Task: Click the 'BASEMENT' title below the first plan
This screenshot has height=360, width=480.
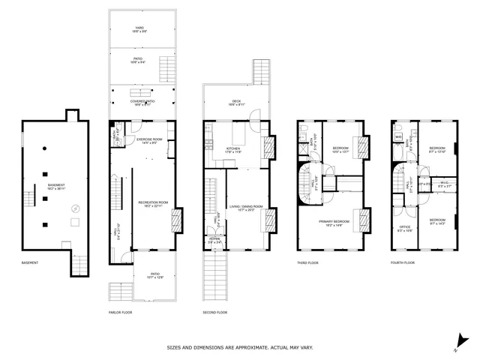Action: (31, 262)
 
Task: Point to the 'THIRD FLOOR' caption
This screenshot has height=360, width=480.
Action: (309, 262)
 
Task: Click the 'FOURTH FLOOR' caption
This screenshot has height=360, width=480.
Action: (403, 262)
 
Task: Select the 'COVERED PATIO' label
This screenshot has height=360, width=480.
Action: (142, 100)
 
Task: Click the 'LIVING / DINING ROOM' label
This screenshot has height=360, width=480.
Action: (247, 206)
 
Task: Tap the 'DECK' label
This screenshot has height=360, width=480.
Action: (235, 101)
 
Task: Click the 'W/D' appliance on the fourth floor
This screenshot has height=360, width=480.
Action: (397, 136)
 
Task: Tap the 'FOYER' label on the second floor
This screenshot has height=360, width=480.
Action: (214, 240)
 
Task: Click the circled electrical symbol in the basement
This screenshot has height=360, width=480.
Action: (74, 208)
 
